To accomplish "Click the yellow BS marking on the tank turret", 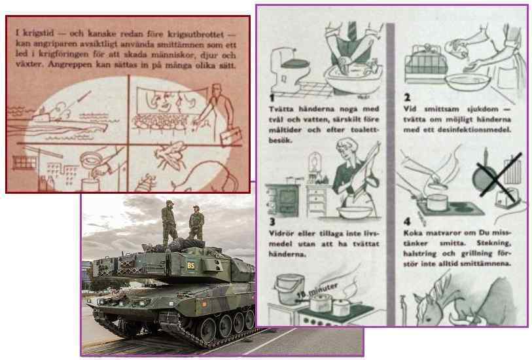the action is pos(191,265).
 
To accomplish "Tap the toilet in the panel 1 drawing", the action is pos(290,69).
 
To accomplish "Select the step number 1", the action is pos(272,98).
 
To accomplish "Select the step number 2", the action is pos(407,98).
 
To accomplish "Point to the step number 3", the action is pos(272,222).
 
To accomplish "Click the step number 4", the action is pos(407,222).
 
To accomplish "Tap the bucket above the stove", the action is pos(289,289).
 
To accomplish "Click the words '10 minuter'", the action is pos(317,291).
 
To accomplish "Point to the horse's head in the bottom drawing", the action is pos(430,309).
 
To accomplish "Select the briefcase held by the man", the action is pos(231,136).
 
